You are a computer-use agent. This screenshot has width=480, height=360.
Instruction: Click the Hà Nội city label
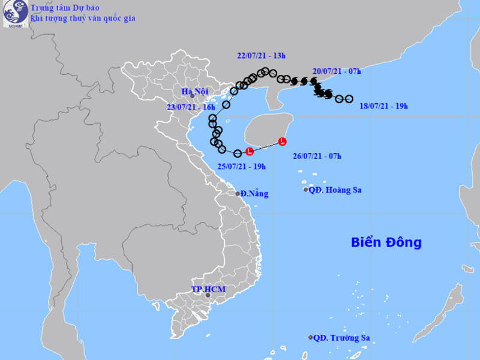[194, 91]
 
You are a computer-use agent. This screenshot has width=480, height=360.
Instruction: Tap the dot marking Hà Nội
[192, 95]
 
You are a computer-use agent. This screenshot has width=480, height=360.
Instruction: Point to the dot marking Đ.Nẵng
[238, 193]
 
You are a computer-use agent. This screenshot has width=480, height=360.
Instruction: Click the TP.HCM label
[208, 289]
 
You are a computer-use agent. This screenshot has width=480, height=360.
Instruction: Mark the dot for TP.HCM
[208, 295]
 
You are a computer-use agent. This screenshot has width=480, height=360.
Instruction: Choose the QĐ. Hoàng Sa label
[335, 190]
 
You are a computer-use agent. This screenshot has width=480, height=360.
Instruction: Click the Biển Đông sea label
[386, 242]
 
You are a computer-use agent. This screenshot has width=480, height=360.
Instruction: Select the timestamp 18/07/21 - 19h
[383, 106]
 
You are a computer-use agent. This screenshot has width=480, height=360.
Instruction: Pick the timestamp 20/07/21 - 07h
[337, 71]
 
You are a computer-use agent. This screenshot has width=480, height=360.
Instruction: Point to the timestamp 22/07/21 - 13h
[261, 56]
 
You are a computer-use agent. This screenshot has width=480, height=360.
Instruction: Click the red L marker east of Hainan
[283, 142]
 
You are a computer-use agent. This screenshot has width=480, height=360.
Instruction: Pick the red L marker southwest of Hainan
[250, 152]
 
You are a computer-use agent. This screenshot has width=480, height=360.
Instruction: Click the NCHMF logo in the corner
[13, 14]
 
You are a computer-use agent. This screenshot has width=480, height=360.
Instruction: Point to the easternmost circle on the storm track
[349, 99]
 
